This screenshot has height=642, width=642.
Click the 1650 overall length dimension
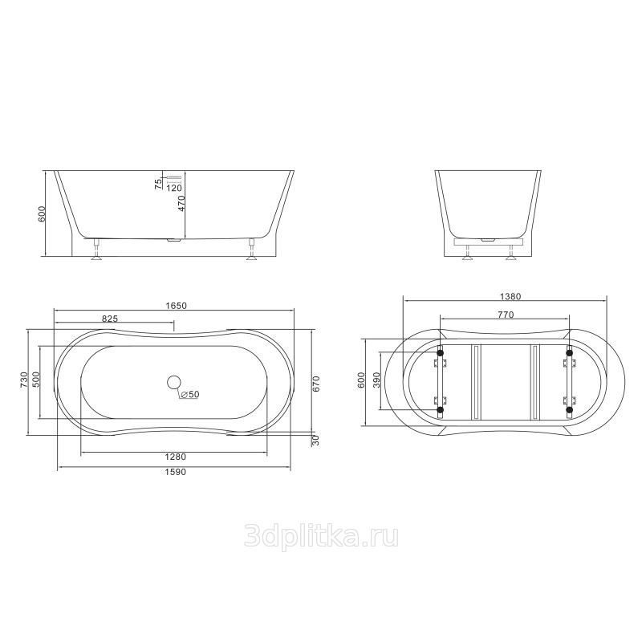[x=176, y=306]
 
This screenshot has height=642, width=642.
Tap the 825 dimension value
[x=110, y=319]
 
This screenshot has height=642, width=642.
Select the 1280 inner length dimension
[x=175, y=457]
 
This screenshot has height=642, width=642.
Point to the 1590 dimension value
[x=175, y=472]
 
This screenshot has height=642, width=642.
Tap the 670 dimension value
[x=316, y=384]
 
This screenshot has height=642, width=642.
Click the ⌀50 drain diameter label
[x=189, y=394]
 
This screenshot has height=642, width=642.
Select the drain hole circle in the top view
[x=174, y=382]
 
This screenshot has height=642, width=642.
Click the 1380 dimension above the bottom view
[x=510, y=296]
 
